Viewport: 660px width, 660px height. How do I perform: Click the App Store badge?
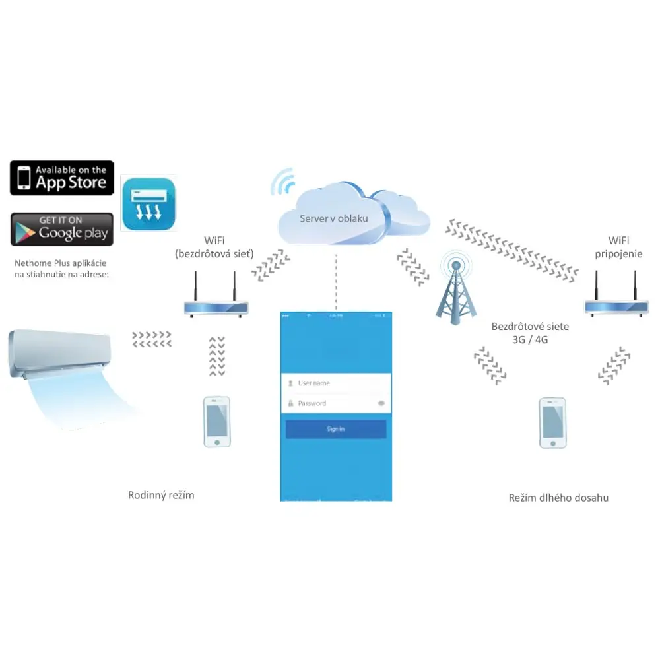pyautogui.click(x=62, y=178)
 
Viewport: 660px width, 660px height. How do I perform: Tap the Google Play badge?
pyautogui.click(x=62, y=229)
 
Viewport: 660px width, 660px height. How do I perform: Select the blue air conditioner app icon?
pyautogui.click(x=149, y=204)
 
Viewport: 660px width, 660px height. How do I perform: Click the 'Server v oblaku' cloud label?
pyautogui.click(x=334, y=218)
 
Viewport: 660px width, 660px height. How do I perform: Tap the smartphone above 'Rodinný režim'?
pyautogui.click(x=216, y=422)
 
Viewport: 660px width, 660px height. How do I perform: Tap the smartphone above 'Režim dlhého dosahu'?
pyautogui.click(x=552, y=423)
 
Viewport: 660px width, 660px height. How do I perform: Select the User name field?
pyautogui.click(x=336, y=383)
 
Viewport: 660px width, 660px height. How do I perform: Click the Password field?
pyautogui.click(x=330, y=403)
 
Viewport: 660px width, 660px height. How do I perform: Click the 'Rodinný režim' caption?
pyautogui.click(x=161, y=495)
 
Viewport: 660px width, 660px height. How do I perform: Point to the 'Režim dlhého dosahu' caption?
pyautogui.click(x=558, y=498)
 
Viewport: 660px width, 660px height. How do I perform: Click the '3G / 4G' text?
pyautogui.click(x=530, y=339)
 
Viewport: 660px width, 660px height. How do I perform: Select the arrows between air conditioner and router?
pyautogui.click(x=152, y=339)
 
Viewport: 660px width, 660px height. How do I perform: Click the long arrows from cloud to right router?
pyautogui.click(x=511, y=249)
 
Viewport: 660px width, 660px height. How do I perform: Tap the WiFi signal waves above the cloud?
pyautogui.click(x=284, y=181)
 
